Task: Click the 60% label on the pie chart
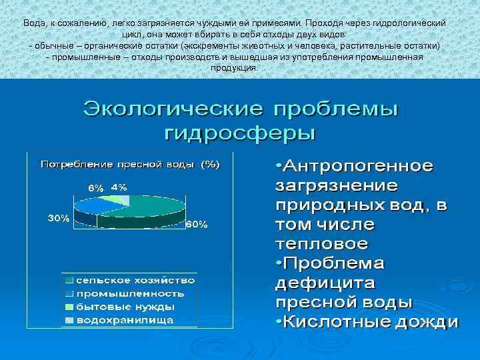(197, 225)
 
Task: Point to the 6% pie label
(96, 188)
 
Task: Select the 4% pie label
(119, 187)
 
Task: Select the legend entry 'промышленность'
(129, 293)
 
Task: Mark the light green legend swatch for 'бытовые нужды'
(70, 307)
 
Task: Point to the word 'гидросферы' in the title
(240, 131)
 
